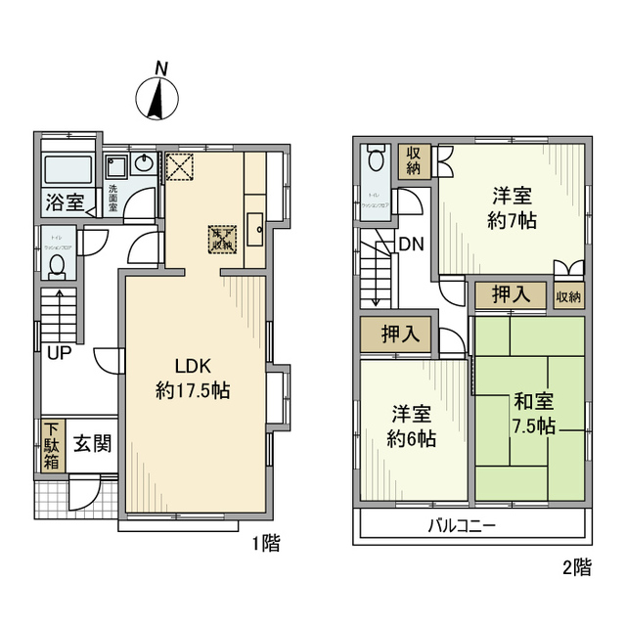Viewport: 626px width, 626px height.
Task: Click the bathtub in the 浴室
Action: pos(69,172)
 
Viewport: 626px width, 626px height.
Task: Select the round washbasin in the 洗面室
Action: pos(145,164)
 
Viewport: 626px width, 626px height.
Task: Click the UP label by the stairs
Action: pos(61,352)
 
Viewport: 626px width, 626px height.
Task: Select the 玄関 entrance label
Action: pos(93,443)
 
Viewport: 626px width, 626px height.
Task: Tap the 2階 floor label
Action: pos(575,566)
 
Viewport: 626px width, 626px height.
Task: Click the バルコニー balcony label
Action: pos(462,525)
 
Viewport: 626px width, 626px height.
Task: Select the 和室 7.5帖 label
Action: pos(534,414)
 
